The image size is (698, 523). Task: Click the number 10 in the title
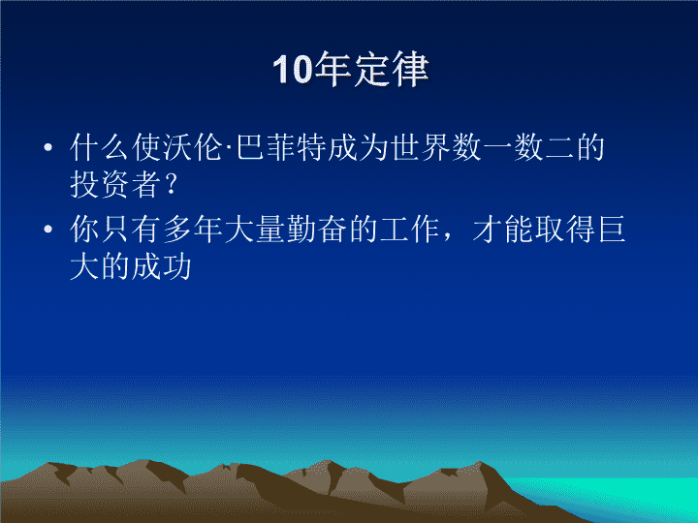[293, 70]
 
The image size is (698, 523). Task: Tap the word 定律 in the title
[392, 69]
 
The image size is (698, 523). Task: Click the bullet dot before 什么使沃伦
[48, 147]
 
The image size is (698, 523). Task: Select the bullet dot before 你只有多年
[48, 229]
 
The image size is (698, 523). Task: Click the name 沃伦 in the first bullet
[192, 147]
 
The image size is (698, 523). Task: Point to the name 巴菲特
[281, 147]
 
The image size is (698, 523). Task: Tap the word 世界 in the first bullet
[420, 147]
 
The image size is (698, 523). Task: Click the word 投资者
[115, 185]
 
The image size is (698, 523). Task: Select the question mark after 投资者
[171, 185]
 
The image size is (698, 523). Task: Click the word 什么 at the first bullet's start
[100, 147]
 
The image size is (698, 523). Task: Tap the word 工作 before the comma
[409, 229]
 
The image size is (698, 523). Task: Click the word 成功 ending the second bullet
[162, 267]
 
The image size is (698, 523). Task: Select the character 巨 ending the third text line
[612, 229]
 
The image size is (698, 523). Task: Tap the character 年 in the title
[333, 69]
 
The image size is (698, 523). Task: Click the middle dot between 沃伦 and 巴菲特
[229, 147]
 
